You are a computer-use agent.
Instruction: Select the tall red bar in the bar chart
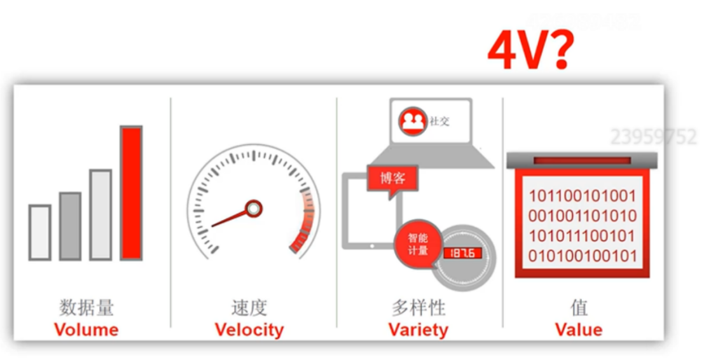pos(131,193)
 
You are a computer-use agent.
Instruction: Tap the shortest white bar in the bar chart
pos(39,232)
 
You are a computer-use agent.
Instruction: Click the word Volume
pos(86,329)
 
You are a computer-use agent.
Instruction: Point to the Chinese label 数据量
pos(86,308)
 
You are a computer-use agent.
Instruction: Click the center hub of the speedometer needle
pos(254,208)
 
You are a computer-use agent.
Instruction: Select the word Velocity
pos(249,329)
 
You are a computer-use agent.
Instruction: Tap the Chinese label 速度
pos(249,308)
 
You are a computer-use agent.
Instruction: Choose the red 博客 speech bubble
pos(393,177)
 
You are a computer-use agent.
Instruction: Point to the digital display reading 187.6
pos(462,253)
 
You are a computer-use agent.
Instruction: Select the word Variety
pos(418,329)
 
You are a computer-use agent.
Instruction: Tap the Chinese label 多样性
pos(418,308)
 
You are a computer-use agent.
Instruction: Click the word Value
pos(578,329)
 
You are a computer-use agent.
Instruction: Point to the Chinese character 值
pos(579,308)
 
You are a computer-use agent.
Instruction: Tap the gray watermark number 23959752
pos(653,137)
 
